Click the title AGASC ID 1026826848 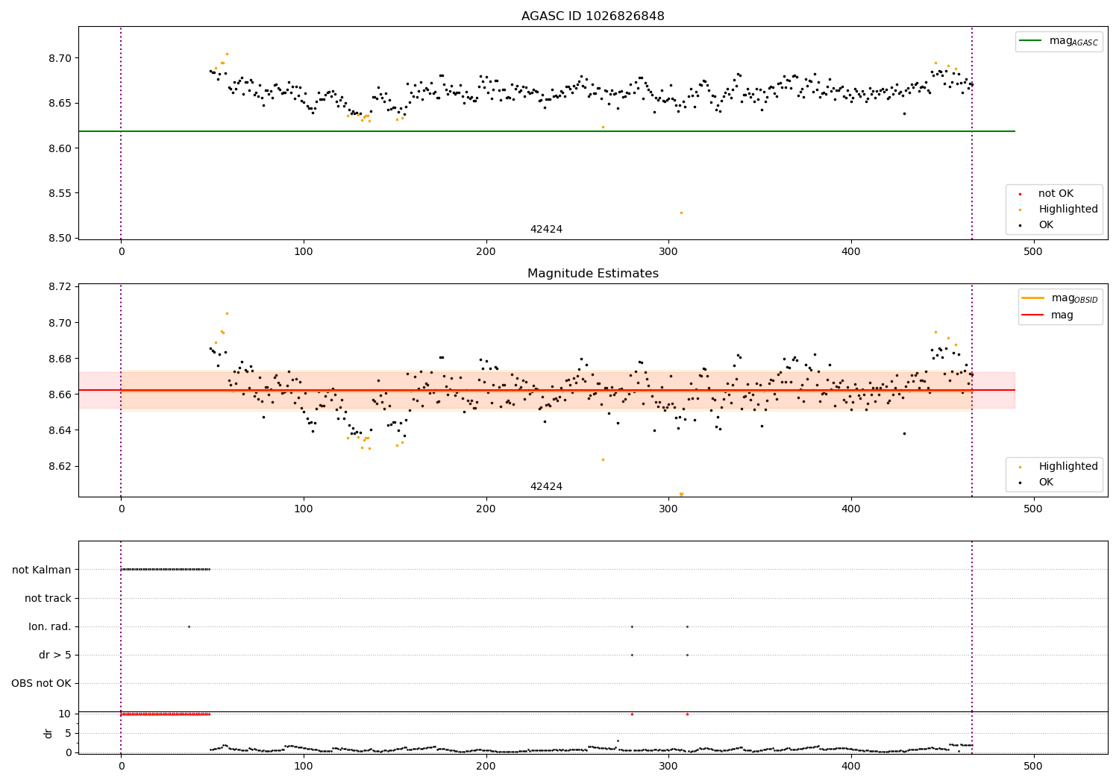coord(592,16)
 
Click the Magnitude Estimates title coord(592,274)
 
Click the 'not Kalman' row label coord(42,570)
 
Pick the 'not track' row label coord(48,598)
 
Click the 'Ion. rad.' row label coord(50,626)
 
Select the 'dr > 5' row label coord(55,655)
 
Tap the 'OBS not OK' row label coord(42,683)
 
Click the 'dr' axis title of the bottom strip coord(48,733)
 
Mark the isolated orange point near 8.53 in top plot coord(681,213)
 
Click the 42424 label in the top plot coord(546,230)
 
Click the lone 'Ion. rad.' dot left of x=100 coord(189,626)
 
